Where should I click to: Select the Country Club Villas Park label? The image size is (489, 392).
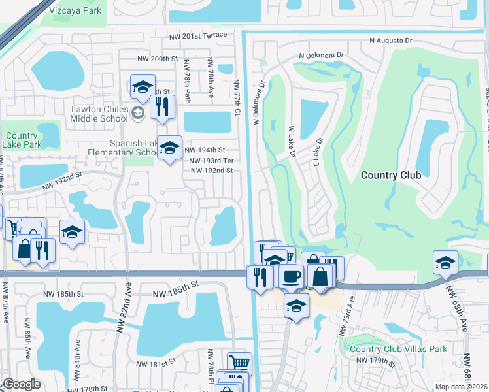click(398, 349)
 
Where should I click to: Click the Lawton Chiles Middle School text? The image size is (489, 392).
click(100, 114)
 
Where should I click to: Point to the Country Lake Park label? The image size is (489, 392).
click(22, 140)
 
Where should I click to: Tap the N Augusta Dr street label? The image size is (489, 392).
click(391, 41)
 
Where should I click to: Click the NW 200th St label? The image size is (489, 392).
click(158, 59)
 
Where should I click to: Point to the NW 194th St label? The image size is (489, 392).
click(207, 150)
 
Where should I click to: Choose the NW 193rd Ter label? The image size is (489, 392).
click(211, 161)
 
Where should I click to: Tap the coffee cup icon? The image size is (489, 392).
click(291, 275)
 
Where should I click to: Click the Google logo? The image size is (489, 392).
click(22, 385)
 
